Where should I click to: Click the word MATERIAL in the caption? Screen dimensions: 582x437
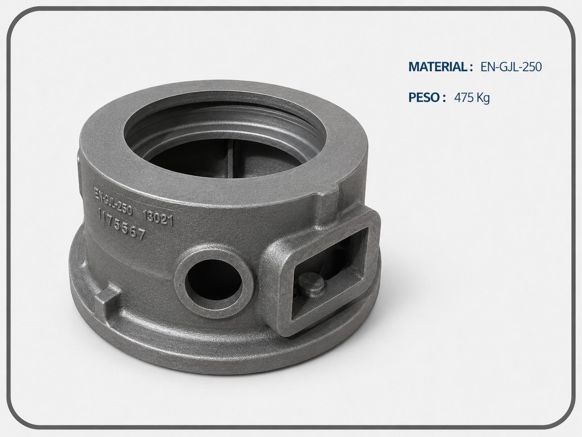click(437, 67)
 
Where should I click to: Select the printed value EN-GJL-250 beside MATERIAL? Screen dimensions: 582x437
click(511, 67)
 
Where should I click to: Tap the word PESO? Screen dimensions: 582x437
click(424, 97)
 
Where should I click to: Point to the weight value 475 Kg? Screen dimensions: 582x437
click(472, 98)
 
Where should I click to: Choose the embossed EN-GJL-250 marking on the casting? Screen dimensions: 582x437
click(113, 201)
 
